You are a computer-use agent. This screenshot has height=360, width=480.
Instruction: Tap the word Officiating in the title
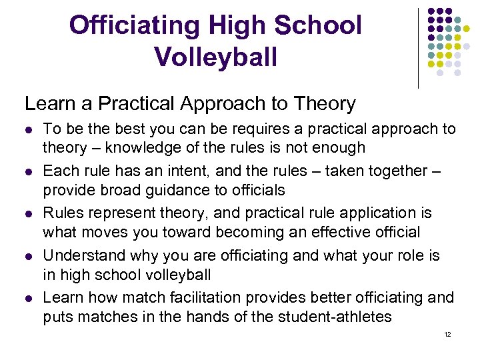tap(134, 25)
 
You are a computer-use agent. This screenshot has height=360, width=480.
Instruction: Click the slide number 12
tap(447, 334)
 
